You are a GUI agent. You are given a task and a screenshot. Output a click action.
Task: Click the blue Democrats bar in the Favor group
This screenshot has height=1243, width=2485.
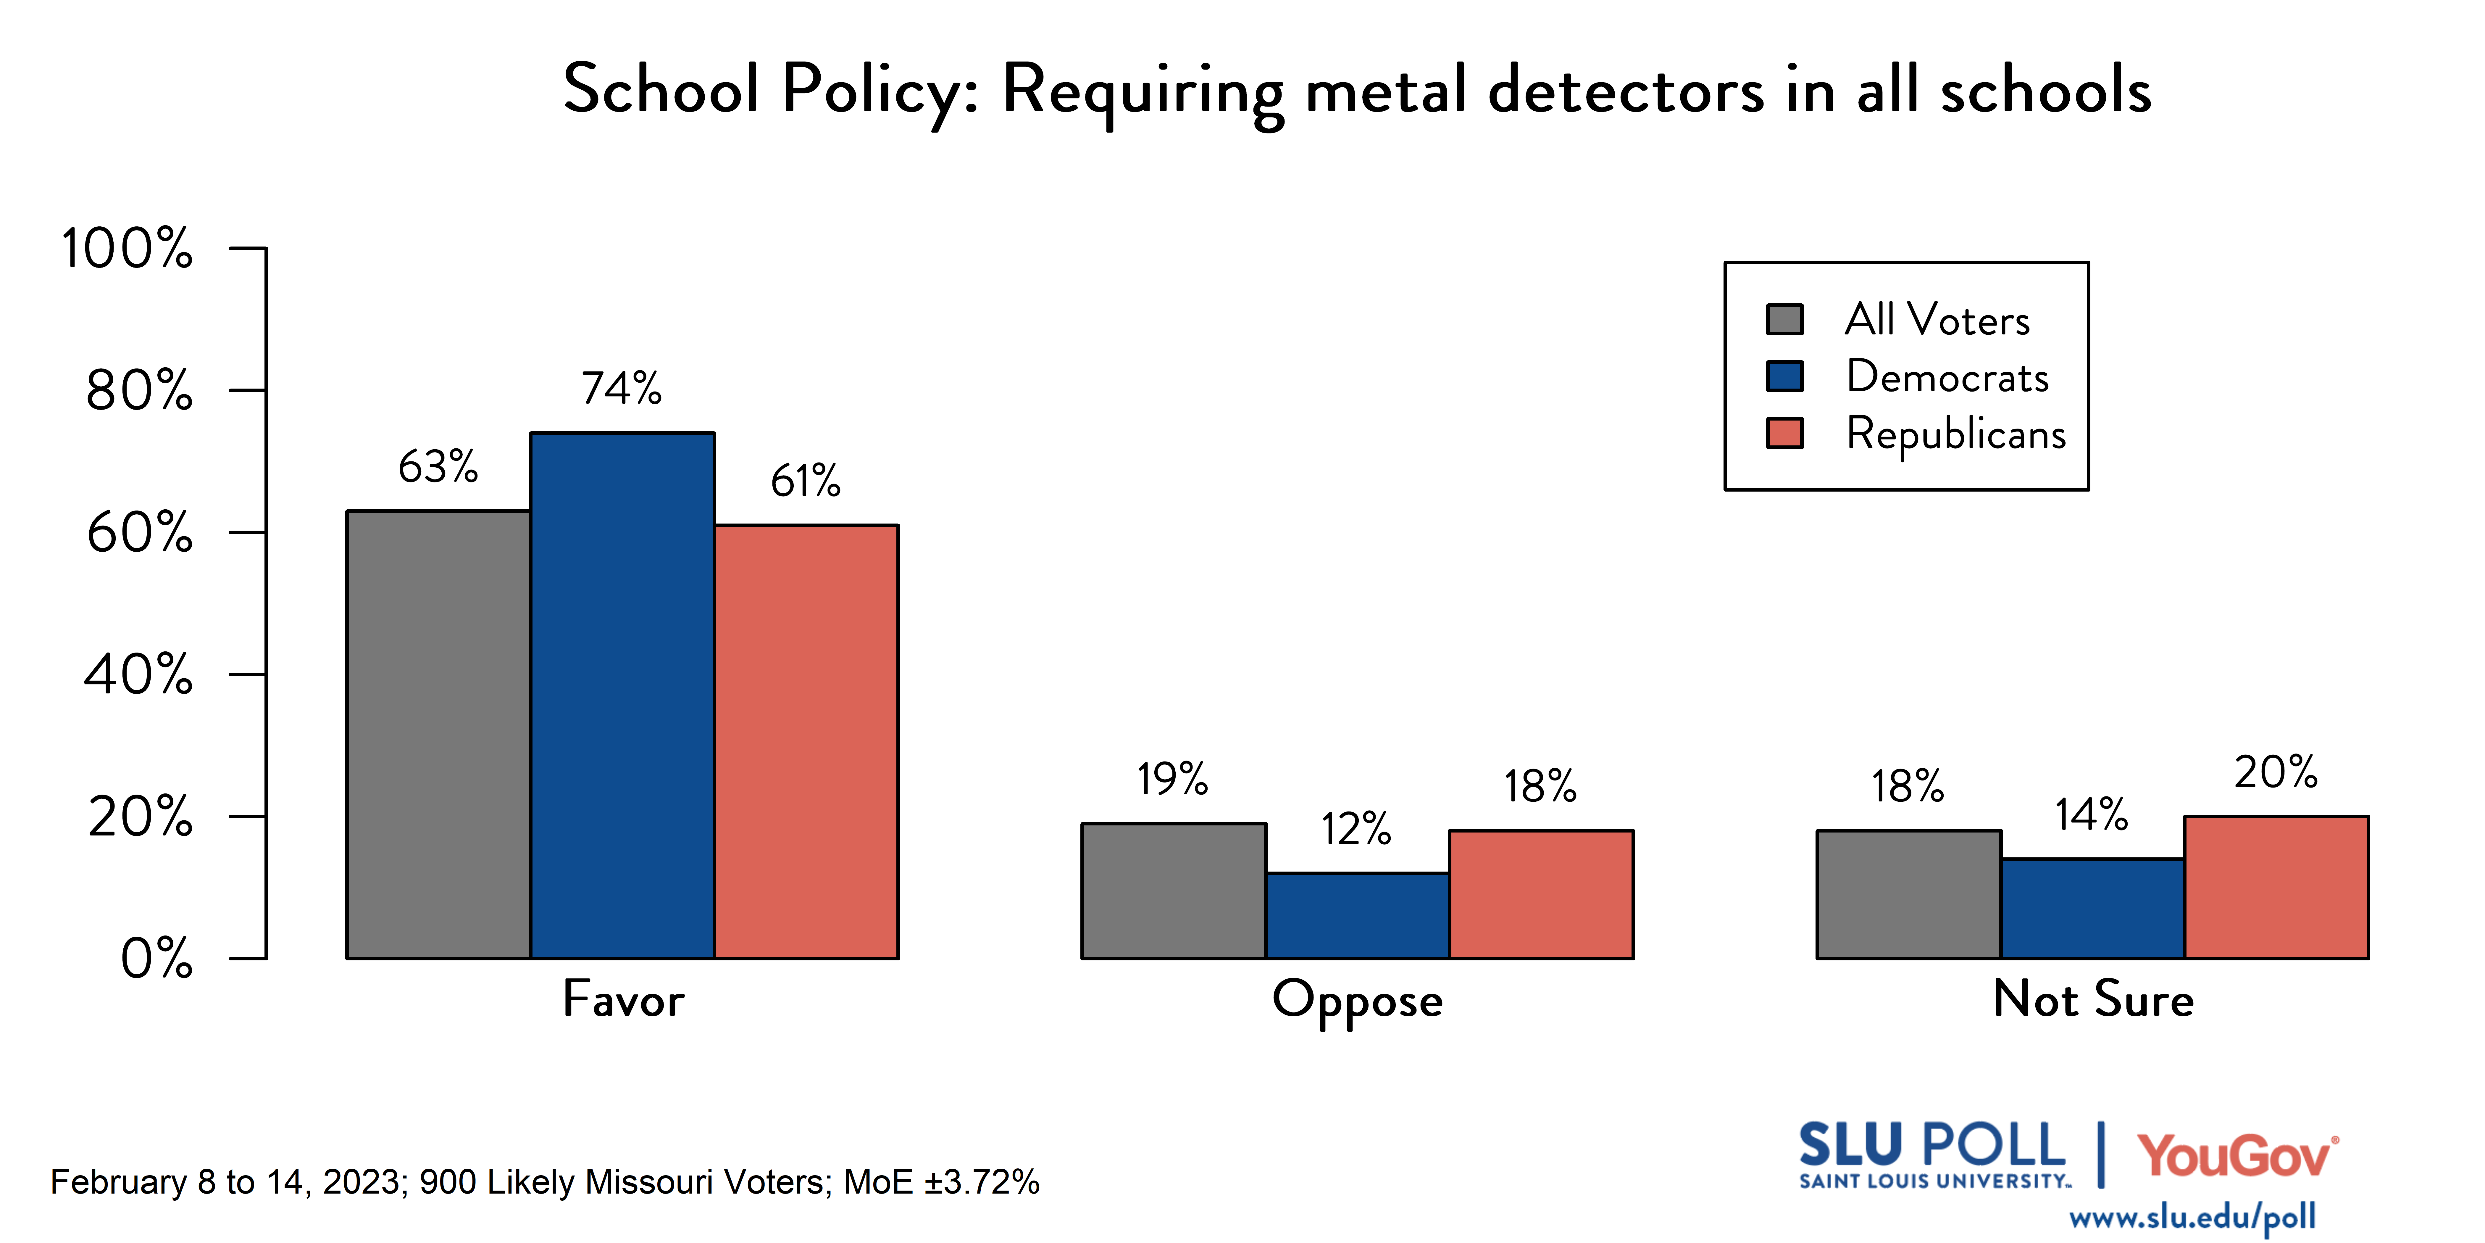[622, 695]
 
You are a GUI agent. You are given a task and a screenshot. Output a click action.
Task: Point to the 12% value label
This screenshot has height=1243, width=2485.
[1356, 829]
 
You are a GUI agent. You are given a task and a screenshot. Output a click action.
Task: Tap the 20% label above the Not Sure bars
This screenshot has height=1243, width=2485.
[2276, 772]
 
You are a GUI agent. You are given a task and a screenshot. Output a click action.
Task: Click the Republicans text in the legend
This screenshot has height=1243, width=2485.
[1955, 434]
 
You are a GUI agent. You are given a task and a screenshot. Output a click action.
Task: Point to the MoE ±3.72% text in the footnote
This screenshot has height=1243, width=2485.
[942, 1182]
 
